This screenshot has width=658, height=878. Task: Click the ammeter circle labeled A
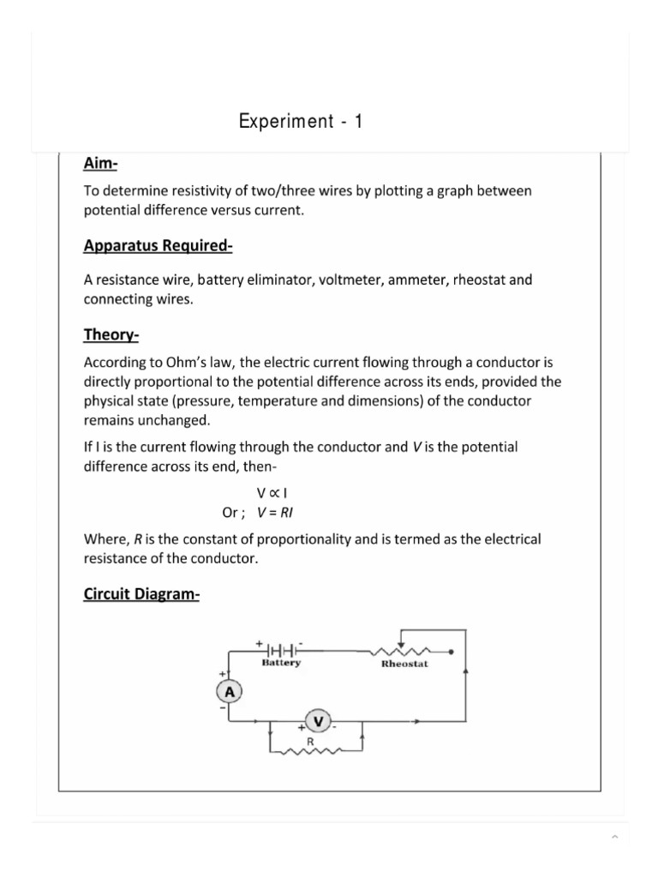(230, 691)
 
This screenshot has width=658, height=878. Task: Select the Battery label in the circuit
(281, 663)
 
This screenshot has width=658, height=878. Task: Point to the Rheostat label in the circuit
(404, 664)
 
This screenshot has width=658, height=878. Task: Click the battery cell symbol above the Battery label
(282, 648)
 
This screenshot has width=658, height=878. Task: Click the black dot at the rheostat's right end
(452, 651)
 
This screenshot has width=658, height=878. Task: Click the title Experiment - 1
(301, 122)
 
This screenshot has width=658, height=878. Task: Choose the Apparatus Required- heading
(159, 246)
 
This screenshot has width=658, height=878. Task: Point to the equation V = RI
(275, 513)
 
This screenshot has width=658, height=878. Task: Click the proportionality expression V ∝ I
(271, 494)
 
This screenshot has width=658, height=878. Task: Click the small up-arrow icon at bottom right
(614, 837)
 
